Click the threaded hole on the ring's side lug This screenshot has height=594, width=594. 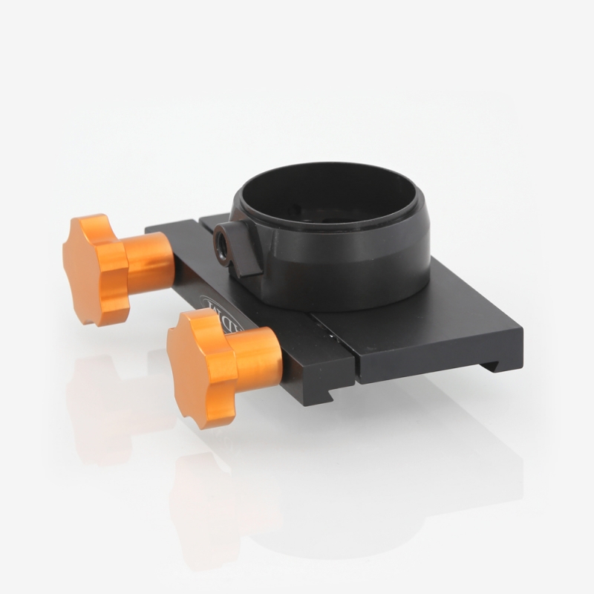coord(222,244)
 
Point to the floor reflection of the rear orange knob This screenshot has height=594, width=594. coord(97,401)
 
